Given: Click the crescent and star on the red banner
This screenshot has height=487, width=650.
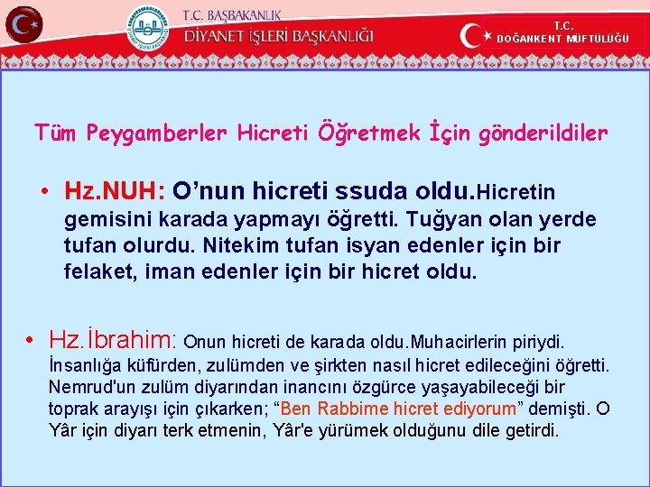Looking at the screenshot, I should coord(476,36).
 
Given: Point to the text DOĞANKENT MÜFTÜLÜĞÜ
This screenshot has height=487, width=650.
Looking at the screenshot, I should coord(562,39).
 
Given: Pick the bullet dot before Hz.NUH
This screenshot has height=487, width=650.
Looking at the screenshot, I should coord(44,191).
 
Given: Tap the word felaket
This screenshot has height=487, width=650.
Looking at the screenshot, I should coord(97,271).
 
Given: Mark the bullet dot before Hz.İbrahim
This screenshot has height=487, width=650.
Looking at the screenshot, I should coord(31,341).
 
